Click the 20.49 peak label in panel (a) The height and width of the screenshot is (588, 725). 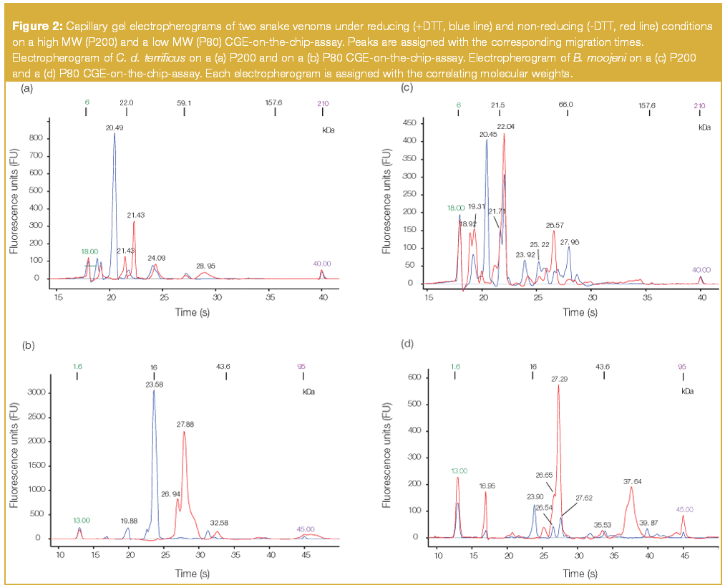[x=114, y=127]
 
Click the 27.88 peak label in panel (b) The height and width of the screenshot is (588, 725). [x=186, y=425]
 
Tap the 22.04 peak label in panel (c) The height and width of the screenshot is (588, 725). [x=505, y=127]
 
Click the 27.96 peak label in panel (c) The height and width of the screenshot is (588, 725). [x=570, y=242]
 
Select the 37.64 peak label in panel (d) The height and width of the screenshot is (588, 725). [x=633, y=481]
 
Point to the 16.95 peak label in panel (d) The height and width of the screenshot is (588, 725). [x=486, y=486]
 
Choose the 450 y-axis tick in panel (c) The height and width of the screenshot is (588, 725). [x=409, y=123]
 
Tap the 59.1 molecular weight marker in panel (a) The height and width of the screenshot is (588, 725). [x=185, y=103]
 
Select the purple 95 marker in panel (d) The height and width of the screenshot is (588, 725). [x=681, y=367]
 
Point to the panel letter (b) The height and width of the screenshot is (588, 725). [x=29, y=344]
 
